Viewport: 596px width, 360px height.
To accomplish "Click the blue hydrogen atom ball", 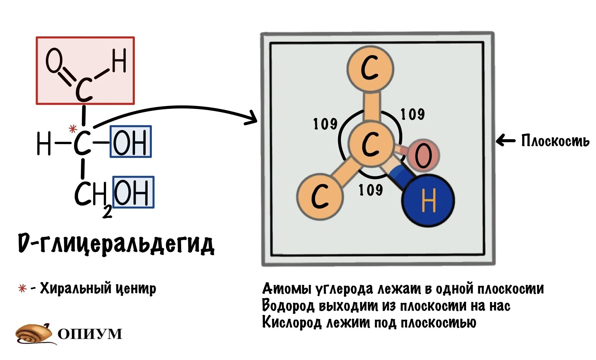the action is (428, 200).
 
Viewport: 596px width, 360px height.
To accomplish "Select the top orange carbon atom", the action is (370, 69).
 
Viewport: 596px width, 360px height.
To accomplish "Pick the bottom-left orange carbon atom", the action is (320, 197).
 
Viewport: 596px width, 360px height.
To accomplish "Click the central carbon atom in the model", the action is (371, 144).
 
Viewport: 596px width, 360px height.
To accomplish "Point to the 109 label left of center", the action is (325, 124).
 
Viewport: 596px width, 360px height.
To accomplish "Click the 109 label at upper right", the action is (412, 114).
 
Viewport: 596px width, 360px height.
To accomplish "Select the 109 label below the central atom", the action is (371, 190).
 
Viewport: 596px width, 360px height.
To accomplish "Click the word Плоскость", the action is (555, 141).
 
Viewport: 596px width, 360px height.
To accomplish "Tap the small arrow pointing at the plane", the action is (505, 141).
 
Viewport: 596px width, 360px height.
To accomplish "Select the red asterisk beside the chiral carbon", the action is (73, 129).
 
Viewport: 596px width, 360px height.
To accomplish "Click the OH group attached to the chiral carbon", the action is (131, 141).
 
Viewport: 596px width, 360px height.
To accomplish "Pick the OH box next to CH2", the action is (133, 192).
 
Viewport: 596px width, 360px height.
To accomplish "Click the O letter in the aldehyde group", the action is (54, 60).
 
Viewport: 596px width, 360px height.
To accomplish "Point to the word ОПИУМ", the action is (90, 334).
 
